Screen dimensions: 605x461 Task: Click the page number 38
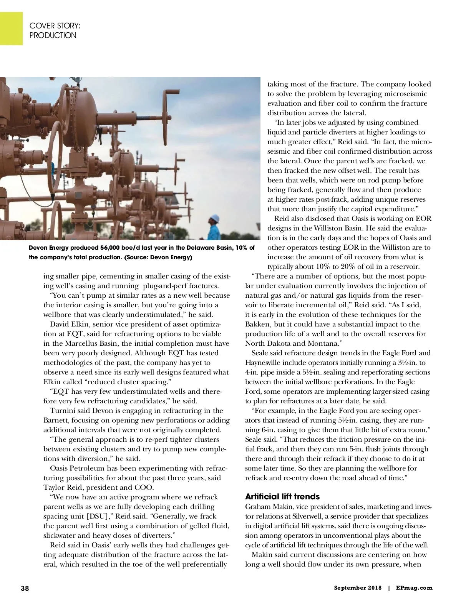pyautogui.click(x=25, y=588)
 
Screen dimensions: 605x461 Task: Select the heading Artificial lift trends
pyautogui.click(x=282, y=497)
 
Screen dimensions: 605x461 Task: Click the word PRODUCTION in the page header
pyautogui.click(x=53, y=35)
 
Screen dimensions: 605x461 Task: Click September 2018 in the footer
pyautogui.click(x=358, y=588)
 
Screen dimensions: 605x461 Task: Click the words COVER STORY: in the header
pyautogui.click(x=55, y=26)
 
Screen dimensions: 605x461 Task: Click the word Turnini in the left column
pyautogui.click(x=63, y=411)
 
